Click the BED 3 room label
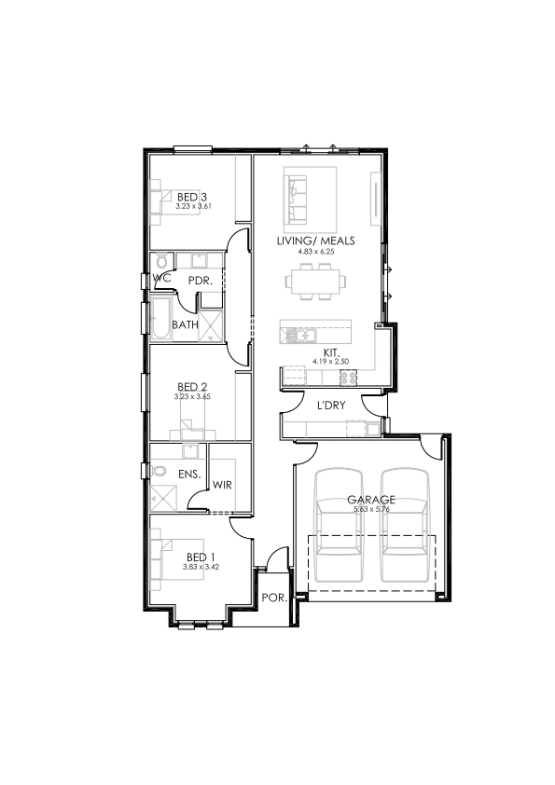(x=192, y=198)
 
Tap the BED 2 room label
(x=192, y=387)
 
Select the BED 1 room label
(x=201, y=558)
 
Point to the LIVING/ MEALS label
(x=315, y=241)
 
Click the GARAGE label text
(x=371, y=499)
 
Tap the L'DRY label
(x=331, y=405)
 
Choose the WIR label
(x=222, y=485)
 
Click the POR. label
(x=274, y=598)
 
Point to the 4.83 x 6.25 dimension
(x=315, y=252)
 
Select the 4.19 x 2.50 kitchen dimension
(x=330, y=361)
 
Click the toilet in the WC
(x=161, y=261)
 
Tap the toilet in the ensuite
(x=159, y=471)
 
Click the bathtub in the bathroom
(x=160, y=320)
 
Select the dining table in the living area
(x=315, y=282)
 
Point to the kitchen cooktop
(x=349, y=377)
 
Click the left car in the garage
(x=339, y=525)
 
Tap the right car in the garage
(x=405, y=525)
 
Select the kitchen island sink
(x=299, y=335)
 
